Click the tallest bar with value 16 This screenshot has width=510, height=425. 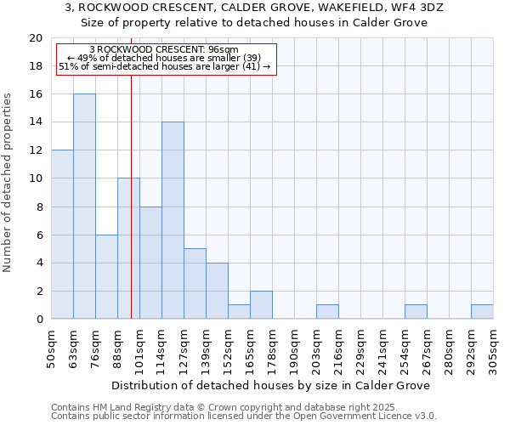click(84, 207)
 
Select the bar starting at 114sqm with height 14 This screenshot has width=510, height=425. click(173, 220)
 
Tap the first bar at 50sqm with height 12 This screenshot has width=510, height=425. click(62, 235)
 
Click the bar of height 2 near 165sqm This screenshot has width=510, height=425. click(261, 305)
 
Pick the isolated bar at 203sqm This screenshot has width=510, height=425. click(327, 312)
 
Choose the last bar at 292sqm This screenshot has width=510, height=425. click(482, 312)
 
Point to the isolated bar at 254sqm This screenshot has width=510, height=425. click(416, 312)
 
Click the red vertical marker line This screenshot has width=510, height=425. click(131, 195)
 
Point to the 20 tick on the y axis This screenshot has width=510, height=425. click(36, 38)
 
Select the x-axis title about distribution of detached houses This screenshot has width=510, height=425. click(271, 385)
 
